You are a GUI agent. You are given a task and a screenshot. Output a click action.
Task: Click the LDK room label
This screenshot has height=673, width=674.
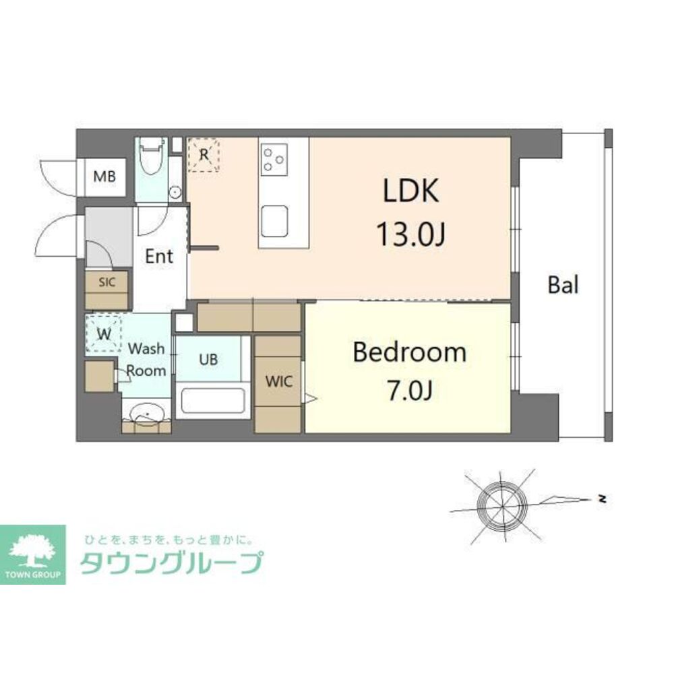[x=410, y=191]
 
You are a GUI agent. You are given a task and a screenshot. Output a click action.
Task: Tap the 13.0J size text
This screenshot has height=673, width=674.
[x=410, y=235]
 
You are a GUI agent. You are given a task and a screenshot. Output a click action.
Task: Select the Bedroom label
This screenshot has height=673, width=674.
[x=410, y=352]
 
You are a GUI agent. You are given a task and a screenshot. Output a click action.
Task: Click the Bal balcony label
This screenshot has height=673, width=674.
[x=563, y=284]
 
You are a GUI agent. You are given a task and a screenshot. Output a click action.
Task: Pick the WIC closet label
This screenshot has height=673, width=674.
[x=278, y=381]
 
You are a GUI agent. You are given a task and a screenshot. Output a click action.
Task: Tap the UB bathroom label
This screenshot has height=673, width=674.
[x=208, y=360]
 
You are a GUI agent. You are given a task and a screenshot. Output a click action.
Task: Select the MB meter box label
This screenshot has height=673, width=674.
[x=104, y=177]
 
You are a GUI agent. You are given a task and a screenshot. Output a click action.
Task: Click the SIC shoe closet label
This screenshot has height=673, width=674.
[x=107, y=282]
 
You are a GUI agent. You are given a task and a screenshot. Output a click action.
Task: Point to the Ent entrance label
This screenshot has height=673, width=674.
[x=160, y=256]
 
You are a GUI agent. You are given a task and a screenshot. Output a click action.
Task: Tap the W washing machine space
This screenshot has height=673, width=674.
[x=104, y=334]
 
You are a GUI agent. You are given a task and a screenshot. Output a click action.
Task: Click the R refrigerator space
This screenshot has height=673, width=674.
[x=204, y=154]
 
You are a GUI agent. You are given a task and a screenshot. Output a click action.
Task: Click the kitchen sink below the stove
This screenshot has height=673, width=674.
[x=275, y=221]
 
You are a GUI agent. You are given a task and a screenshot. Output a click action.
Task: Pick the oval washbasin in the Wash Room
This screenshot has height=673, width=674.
[x=146, y=413]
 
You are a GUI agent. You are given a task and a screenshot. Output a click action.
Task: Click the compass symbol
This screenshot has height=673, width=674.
[x=501, y=502]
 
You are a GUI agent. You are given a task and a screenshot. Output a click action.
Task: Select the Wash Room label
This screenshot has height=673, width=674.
[x=146, y=360]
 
